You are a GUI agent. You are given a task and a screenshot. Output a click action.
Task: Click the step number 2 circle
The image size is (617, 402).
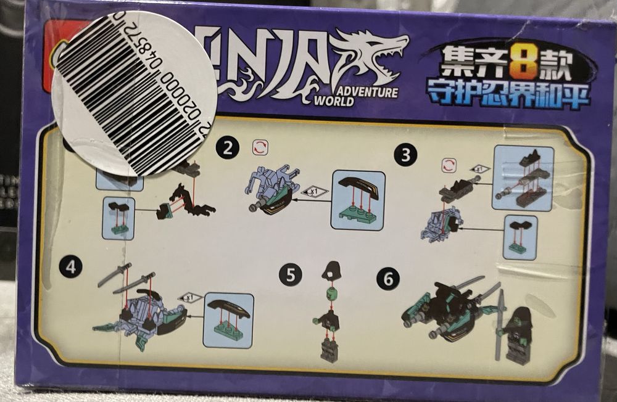tap(228, 147)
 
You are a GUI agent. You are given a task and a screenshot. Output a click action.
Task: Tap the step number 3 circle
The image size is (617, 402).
tap(405, 155)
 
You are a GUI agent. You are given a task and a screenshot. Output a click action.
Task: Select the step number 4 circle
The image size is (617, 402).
tap(70, 267)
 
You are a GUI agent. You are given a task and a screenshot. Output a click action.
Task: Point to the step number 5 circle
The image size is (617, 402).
tap(290, 274)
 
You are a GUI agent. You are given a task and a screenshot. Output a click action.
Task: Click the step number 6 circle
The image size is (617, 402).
tap(387, 279)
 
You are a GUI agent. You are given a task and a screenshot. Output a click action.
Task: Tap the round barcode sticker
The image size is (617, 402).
tap(135, 92)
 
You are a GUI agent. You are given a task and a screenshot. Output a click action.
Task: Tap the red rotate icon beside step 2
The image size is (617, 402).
tap(260, 148)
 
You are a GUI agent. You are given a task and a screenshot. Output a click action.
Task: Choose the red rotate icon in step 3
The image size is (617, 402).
tap(449, 165)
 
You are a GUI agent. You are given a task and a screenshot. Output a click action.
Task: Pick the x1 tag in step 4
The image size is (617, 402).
tap(190, 297)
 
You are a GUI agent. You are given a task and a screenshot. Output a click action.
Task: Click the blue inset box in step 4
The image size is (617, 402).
tap(228, 319)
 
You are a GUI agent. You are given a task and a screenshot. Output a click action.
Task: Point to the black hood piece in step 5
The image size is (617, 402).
tap(332, 270)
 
